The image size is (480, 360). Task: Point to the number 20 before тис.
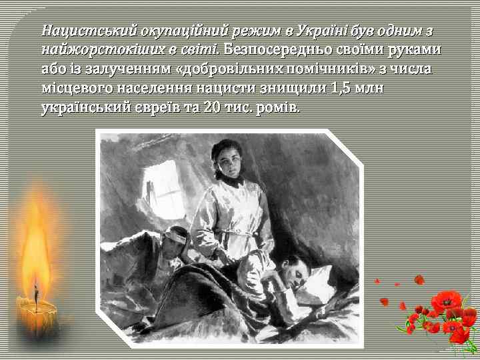tap(210, 107)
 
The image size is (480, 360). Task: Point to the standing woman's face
tap(229, 161)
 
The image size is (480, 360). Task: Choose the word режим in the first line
tap(249, 31)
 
